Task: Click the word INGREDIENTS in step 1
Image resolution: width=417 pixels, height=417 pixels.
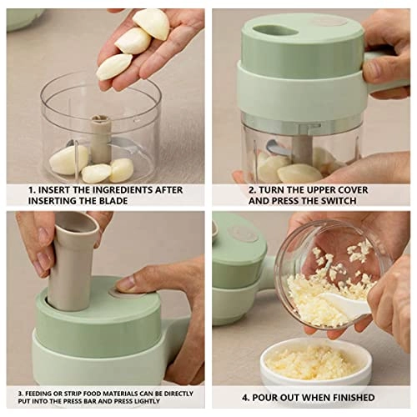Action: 108,190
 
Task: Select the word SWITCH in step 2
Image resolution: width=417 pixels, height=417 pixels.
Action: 342,202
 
